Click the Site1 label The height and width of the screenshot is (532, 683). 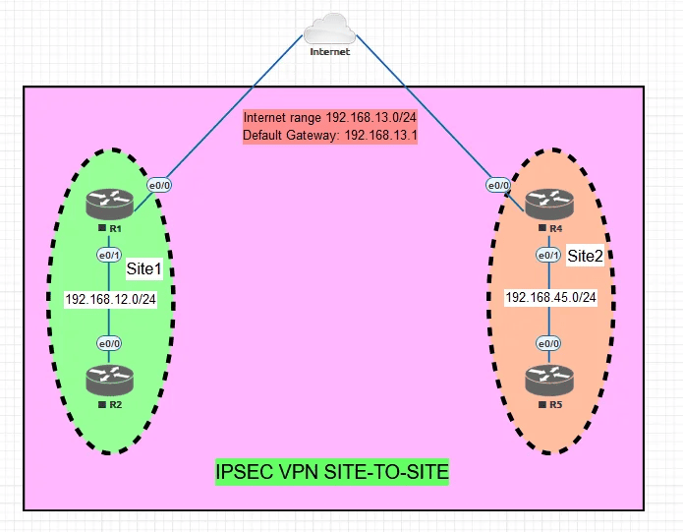pos(143,267)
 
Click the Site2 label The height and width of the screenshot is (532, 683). pos(587,256)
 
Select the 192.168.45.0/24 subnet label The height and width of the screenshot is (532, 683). pos(551,296)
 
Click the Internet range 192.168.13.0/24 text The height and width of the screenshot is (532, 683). pos(329,118)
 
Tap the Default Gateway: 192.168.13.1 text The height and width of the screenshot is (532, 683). pos(329,136)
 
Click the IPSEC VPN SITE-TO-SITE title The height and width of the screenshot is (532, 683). pos(332,473)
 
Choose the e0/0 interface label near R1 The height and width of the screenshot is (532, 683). pos(159,185)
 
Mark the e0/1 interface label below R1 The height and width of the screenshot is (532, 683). pos(108,255)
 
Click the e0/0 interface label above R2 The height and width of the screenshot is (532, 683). pos(108,343)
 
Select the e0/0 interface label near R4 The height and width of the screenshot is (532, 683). pos(498,185)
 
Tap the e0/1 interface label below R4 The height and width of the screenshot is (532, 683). pos(547,255)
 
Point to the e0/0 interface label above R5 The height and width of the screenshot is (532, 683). pos(547,343)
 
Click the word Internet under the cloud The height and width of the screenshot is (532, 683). pos(329,51)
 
